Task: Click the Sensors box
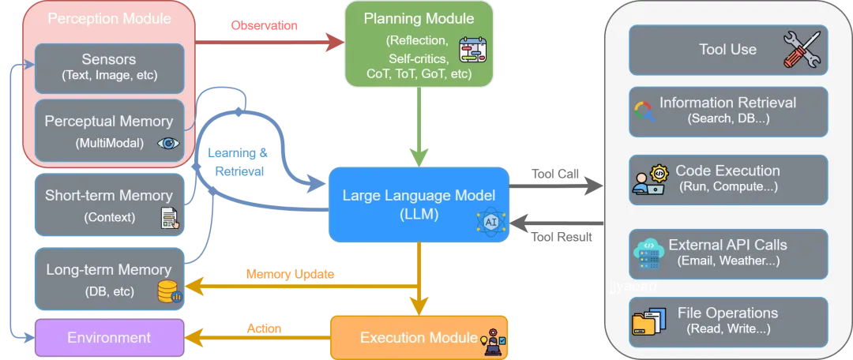pyautogui.click(x=109, y=69)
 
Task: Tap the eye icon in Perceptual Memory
pyautogui.click(x=167, y=143)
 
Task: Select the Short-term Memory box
pyautogui.click(x=109, y=204)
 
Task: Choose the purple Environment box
pyautogui.click(x=109, y=338)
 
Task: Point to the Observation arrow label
pyautogui.click(x=265, y=25)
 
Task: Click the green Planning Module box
pyautogui.click(x=419, y=44)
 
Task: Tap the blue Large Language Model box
pyautogui.click(x=419, y=204)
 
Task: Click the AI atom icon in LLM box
pyautogui.click(x=491, y=223)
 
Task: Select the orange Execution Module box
pyautogui.click(x=419, y=338)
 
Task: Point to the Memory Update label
pyautogui.click(x=290, y=274)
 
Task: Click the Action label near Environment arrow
pyautogui.click(x=265, y=328)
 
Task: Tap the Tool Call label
pyautogui.click(x=555, y=174)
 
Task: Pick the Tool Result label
pyautogui.click(x=562, y=237)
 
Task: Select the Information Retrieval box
pyautogui.click(x=728, y=111)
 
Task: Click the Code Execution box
pyautogui.click(x=728, y=180)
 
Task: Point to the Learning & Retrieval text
pyautogui.click(x=239, y=162)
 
